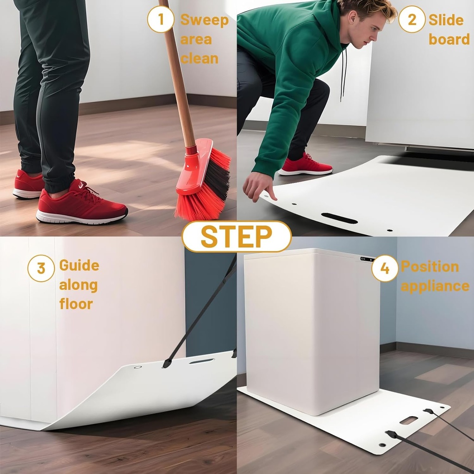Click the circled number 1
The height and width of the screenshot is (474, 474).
point(161,19)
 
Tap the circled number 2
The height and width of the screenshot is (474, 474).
point(412,19)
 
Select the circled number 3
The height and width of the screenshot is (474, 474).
point(41,268)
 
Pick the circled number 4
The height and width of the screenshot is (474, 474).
point(385,268)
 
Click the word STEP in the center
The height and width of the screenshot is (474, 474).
point(237,237)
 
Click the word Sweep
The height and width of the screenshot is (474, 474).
point(204,20)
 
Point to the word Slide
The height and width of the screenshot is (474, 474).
point(446,20)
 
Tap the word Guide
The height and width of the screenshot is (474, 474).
point(79,266)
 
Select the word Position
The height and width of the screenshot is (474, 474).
point(430,267)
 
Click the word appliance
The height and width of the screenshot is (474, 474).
point(435,286)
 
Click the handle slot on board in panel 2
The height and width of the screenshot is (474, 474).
point(339,218)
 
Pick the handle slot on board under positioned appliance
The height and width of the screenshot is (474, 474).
point(409,420)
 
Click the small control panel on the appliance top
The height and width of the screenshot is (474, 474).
point(367,259)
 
